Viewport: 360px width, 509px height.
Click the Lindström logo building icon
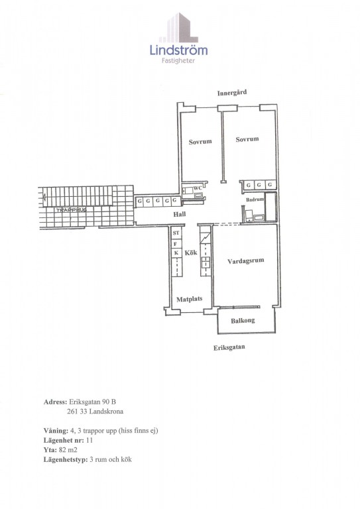coord(178,28)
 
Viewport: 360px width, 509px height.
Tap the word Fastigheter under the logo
coord(178,61)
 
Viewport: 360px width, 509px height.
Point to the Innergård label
coord(232,93)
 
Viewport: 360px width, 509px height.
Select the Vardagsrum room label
coord(245,260)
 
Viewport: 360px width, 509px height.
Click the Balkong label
coord(243,321)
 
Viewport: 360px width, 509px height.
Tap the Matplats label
coord(189,299)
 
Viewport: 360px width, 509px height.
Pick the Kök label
coord(191,253)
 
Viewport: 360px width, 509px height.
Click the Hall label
coord(180,214)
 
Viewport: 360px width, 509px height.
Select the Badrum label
coord(255,199)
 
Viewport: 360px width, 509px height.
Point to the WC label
coord(198,188)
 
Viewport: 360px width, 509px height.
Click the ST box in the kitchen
coord(176,233)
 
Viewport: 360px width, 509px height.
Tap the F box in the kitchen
coord(176,244)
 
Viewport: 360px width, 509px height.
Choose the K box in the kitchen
coord(176,253)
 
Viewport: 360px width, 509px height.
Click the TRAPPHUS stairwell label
coord(71,210)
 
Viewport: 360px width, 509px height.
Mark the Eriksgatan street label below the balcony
coord(229,347)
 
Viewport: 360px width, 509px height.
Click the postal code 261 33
coord(77,412)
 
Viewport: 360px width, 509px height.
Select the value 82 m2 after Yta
coord(68,449)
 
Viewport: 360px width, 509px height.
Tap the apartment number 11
coord(90,440)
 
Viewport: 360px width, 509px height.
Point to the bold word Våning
coord(56,431)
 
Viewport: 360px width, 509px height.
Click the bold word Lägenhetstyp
coord(66,460)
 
